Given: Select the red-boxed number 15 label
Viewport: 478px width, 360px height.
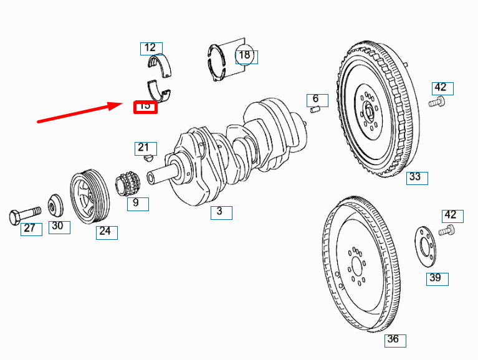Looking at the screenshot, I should (145, 107).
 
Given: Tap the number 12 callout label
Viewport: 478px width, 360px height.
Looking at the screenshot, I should (150, 48).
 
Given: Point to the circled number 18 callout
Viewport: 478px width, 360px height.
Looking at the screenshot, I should (245, 55).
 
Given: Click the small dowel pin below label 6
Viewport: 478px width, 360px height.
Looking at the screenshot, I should (315, 110).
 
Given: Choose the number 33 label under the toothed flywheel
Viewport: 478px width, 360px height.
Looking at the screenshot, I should (416, 178).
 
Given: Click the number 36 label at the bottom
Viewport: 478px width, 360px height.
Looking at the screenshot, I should (394, 340).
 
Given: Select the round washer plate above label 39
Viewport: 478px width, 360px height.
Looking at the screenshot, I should (426, 244).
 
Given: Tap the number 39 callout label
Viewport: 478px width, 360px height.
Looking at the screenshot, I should (436, 278).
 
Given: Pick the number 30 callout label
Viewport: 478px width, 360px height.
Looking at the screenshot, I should (58, 226).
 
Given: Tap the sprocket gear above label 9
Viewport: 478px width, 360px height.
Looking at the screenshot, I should (127, 184).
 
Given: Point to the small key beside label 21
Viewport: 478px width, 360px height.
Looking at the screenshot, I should (148, 159).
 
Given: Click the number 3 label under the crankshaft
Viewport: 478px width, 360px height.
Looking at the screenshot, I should (220, 212).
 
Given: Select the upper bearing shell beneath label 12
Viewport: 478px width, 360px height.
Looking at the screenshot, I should (161, 66).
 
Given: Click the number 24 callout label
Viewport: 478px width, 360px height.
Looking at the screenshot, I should (106, 232).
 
